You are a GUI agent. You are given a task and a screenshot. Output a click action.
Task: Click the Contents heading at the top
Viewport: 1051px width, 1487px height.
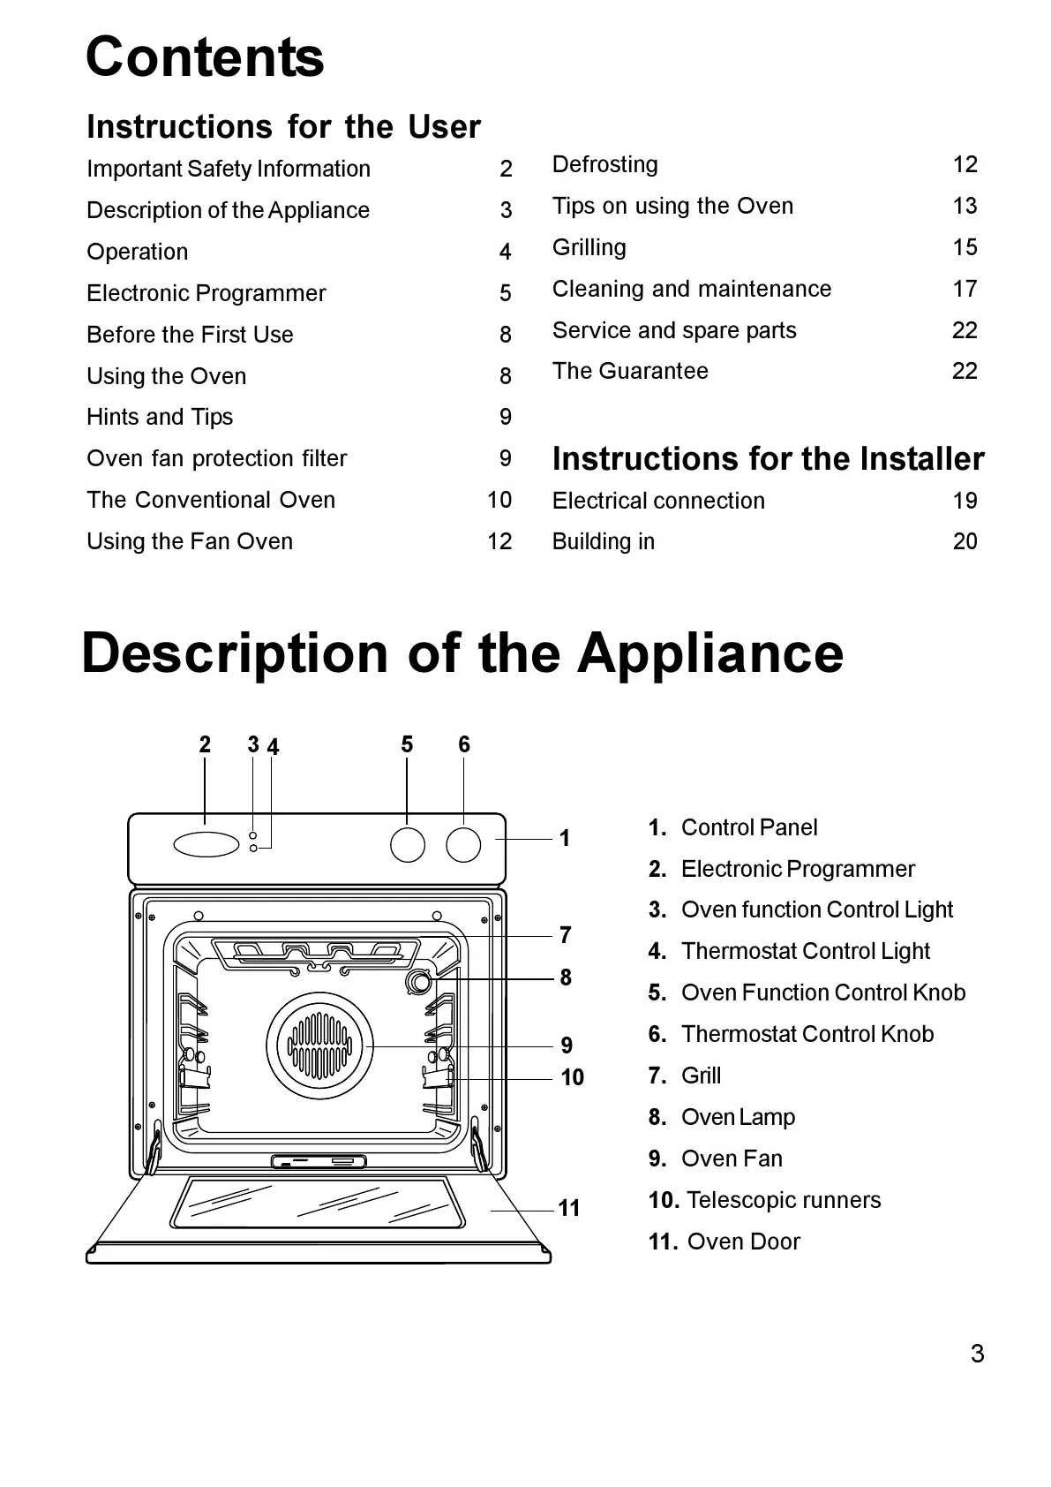point(205,57)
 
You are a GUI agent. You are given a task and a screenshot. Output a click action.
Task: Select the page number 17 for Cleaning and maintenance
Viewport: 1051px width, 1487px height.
point(965,289)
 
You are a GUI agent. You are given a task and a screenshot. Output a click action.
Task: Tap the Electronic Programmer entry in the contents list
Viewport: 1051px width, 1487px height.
point(206,293)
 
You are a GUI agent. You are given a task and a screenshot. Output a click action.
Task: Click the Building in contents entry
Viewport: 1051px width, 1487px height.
point(604,541)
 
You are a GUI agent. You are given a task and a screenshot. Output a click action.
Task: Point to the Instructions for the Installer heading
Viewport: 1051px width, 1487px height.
point(768,459)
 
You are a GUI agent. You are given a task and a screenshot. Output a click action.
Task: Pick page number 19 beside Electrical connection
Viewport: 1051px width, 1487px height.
point(965,501)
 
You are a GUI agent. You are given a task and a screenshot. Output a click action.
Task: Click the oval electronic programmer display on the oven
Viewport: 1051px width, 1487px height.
point(206,844)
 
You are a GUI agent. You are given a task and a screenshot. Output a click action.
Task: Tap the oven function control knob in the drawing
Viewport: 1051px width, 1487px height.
point(408,844)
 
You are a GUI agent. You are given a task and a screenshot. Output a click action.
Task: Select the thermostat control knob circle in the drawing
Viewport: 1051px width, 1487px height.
point(463,844)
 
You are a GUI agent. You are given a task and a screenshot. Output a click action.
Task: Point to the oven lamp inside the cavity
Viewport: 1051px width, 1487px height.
point(418,981)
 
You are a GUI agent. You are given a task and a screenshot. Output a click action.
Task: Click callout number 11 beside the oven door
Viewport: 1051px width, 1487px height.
point(569,1208)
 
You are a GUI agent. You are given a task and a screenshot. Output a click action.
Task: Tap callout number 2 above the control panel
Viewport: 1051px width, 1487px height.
point(205,745)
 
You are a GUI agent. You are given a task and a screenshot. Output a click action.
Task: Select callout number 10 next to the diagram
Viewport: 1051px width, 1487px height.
point(572,1077)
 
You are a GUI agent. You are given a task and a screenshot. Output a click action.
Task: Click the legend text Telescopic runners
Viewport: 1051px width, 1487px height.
point(784,1200)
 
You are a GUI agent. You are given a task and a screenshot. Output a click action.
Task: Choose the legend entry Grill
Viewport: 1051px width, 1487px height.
point(701,1076)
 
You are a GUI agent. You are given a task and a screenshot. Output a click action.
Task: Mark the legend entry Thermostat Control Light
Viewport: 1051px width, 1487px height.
point(806,951)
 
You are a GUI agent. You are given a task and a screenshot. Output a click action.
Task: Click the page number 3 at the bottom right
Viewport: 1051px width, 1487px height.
point(977,1354)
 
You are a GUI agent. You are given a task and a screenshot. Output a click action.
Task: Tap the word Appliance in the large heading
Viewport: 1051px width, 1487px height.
point(710,653)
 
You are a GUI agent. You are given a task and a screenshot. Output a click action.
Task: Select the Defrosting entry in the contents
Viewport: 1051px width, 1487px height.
point(605,164)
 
